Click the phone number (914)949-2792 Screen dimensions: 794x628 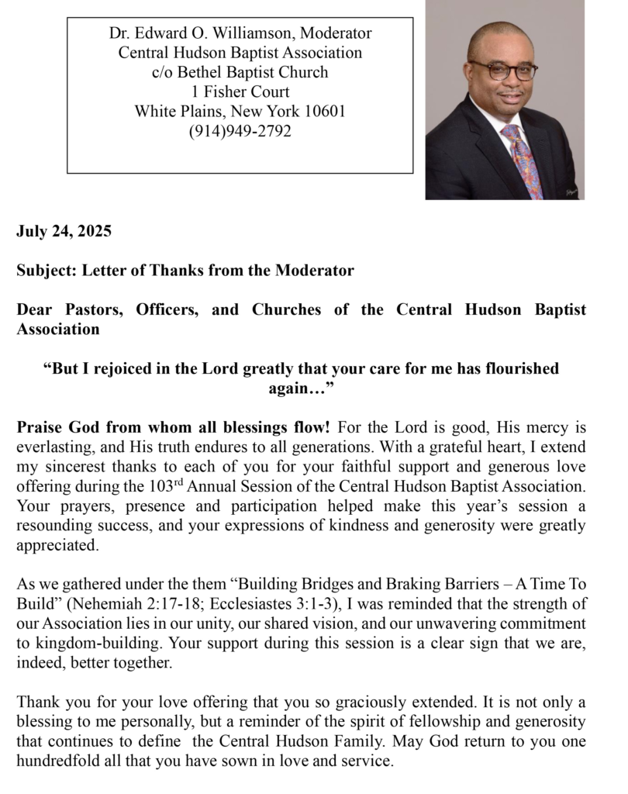pyautogui.click(x=240, y=131)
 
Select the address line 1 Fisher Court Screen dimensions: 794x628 pyautogui.click(x=240, y=92)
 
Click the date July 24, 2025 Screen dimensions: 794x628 pyautogui.click(x=64, y=231)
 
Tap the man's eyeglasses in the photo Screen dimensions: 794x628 pyautogui.click(x=502, y=70)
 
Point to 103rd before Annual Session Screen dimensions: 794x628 pyautogui.click(x=166, y=488)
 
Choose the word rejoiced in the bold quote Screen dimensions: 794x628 pyautogui.click(x=129, y=369)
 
